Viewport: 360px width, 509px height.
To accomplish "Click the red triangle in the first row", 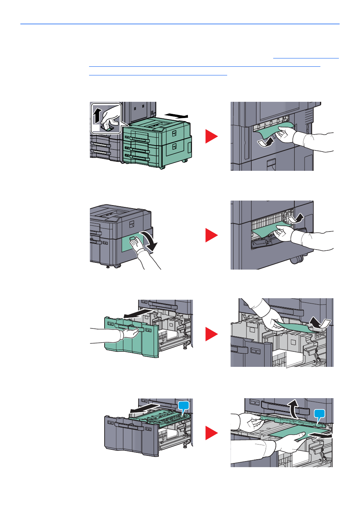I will pos(211,136).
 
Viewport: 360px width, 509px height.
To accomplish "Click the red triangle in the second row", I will pos(211,235).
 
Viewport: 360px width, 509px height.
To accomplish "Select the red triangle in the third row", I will pos(211,334).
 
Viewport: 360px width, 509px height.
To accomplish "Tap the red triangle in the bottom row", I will pos(211,433).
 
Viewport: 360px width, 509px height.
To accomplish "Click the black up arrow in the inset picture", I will pos(97,115).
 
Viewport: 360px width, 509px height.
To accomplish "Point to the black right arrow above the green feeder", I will pos(177,115).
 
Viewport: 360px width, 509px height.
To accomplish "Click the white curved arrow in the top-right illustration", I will pos(265,142).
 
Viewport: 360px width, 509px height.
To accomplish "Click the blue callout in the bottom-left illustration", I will pos(183,406).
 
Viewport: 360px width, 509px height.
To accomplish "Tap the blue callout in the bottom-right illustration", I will pos(319,414).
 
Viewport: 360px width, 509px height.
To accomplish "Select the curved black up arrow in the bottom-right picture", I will pos(293,409).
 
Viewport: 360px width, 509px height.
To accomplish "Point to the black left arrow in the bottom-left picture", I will pos(144,408).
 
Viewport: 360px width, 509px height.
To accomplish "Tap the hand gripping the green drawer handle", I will pos(131,333).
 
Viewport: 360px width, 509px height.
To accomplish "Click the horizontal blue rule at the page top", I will pos(180,24).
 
